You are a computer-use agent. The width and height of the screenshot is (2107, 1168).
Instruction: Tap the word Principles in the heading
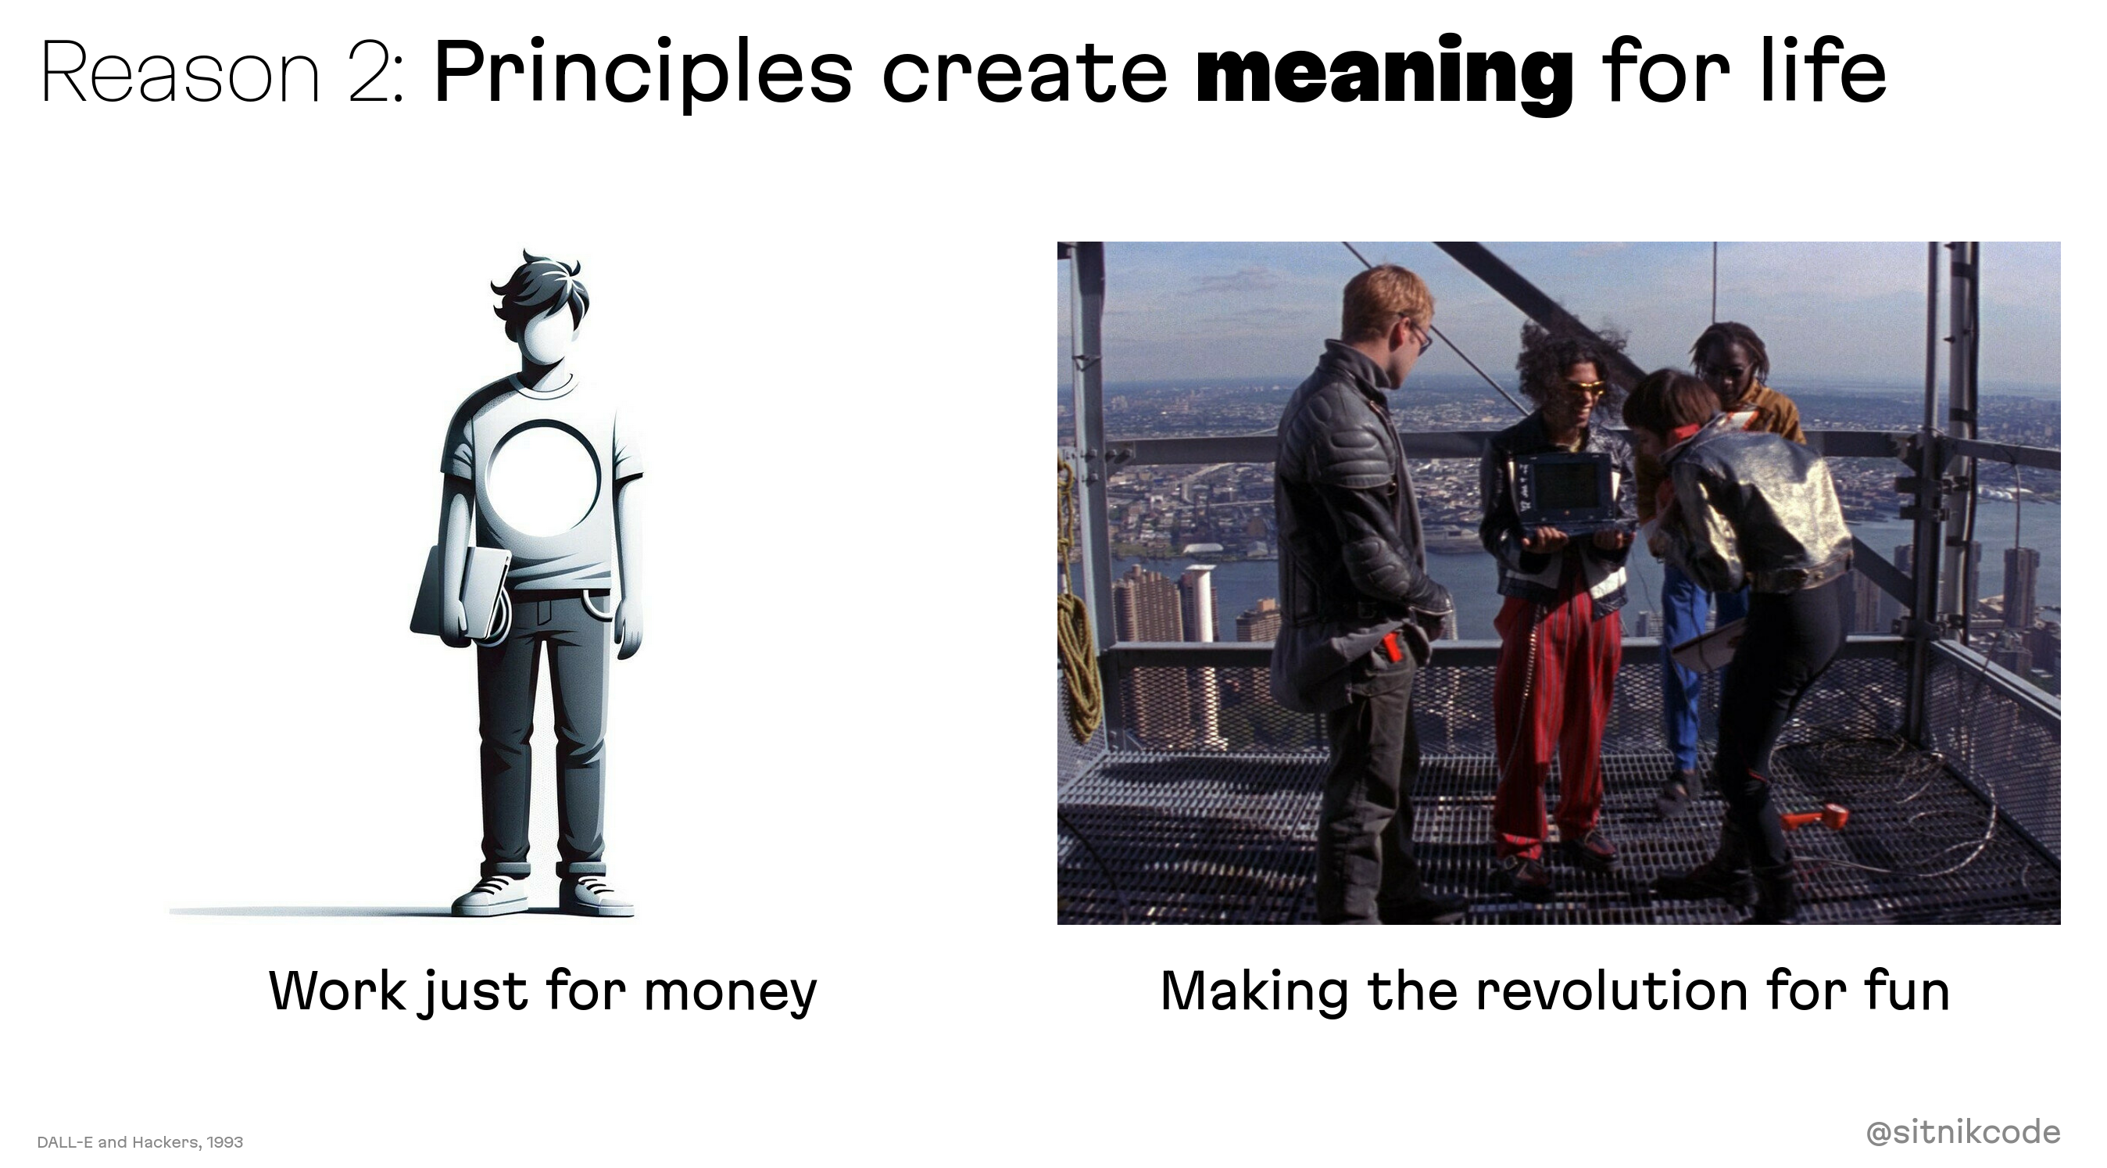(643, 73)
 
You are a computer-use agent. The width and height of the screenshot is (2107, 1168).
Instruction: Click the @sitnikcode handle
(1963, 1132)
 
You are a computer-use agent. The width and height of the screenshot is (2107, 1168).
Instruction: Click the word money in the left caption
(731, 994)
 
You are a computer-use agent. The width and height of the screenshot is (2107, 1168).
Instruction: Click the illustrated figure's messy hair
(541, 286)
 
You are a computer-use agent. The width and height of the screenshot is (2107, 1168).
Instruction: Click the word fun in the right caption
(1907, 991)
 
